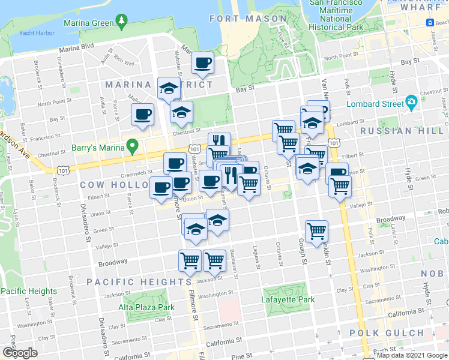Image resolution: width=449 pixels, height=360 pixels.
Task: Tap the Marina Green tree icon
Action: pos(122,22)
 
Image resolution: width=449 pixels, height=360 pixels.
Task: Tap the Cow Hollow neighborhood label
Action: pos(112,185)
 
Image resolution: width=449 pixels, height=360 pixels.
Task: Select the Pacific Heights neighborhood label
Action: pos(139,282)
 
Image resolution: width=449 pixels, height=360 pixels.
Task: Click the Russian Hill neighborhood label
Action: pos(395,130)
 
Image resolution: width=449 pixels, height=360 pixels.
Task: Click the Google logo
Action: pos(20,353)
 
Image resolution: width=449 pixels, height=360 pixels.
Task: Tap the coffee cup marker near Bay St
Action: pos(202,62)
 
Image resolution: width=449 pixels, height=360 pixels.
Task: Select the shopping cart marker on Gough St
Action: pos(316,231)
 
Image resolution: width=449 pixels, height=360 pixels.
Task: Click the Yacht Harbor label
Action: pos(37,33)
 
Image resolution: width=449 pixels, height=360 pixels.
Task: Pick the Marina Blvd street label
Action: pos(76,46)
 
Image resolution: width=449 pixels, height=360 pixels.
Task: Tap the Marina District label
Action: pos(158,85)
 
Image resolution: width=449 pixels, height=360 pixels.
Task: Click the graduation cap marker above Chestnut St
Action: pos(181,112)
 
